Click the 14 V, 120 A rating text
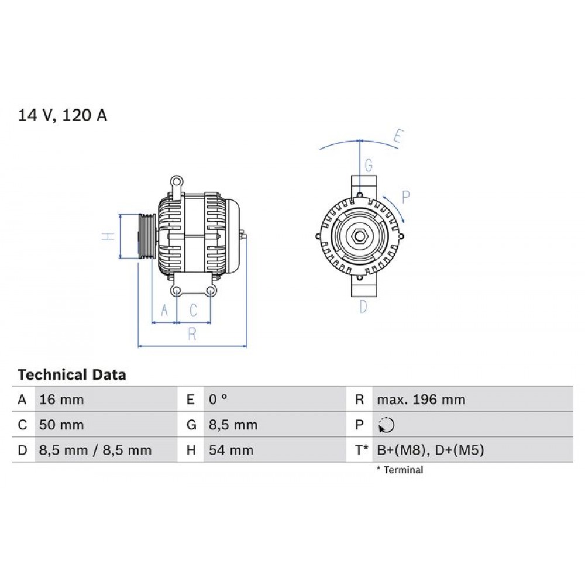click(63, 115)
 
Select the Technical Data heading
click(71, 374)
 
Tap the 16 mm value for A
click(61, 400)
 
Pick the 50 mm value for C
click(61, 425)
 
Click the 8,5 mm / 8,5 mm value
click(95, 450)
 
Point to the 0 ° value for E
click(218, 400)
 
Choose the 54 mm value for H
click(231, 450)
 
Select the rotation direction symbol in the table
click(386, 425)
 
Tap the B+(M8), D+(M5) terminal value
click(431, 450)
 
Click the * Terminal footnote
click(400, 469)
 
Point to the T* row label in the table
click(361, 450)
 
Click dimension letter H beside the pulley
click(106, 236)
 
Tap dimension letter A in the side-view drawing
click(164, 310)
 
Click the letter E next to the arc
click(398, 138)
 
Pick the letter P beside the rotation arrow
click(406, 196)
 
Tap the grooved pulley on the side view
click(145, 236)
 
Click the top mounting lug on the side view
click(176, 182)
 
